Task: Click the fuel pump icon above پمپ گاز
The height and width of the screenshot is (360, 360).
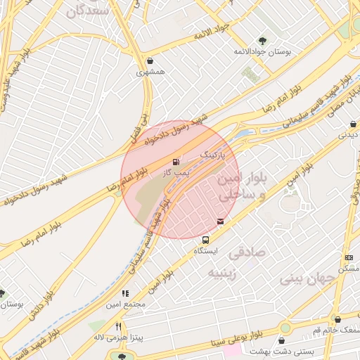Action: coord(175,162)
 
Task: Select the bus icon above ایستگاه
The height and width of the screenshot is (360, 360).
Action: coord(205,240)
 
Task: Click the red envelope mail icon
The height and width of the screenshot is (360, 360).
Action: coord(221,221)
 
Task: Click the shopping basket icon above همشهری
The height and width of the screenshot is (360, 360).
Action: coord(152,61)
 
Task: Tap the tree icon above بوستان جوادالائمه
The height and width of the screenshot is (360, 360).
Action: coord(264,41)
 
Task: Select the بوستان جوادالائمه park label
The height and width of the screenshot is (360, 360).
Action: coord(263,52)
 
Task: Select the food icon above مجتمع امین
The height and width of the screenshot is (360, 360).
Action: coord(125,293)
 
